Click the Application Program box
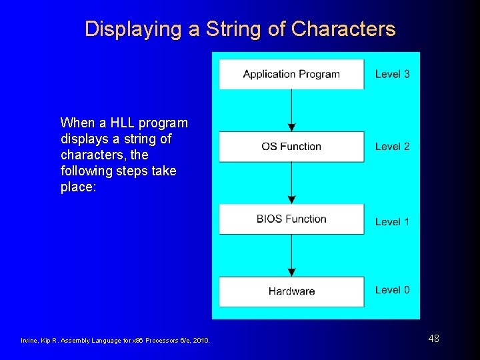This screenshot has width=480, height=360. coord(291,74)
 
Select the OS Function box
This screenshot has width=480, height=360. coord(291,147)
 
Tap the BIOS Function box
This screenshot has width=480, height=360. coord(291,219)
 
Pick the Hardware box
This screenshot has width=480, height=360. coord(291,291)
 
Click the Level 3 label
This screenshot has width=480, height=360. coord(392,74)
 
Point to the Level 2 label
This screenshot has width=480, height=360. coord(392,147)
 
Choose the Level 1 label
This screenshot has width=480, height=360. coord(392,221)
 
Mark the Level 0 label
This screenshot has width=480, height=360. coord(392,290)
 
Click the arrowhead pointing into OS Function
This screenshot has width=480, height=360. coord(291,127)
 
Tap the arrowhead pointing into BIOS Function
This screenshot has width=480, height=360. coord(291,199)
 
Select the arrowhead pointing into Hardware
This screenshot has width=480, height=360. coord(291,272)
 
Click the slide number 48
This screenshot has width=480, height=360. coord(433,339)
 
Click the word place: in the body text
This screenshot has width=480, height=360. coord(79,187)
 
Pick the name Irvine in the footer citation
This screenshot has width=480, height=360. coord(31,341)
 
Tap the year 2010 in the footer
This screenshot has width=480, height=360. coord(201,341)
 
